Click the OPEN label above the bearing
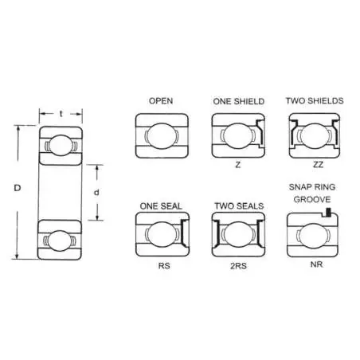click(161, 101)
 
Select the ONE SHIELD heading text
click(239, 101)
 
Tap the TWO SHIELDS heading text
click(315, 100)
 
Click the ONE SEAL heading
click(161, 206)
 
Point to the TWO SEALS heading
click(239, 205)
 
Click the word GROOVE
click(312, 199)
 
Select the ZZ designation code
click(318, 165)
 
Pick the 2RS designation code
click(238, 266)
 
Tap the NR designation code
click(316, 264)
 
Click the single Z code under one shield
click(238, 165)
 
